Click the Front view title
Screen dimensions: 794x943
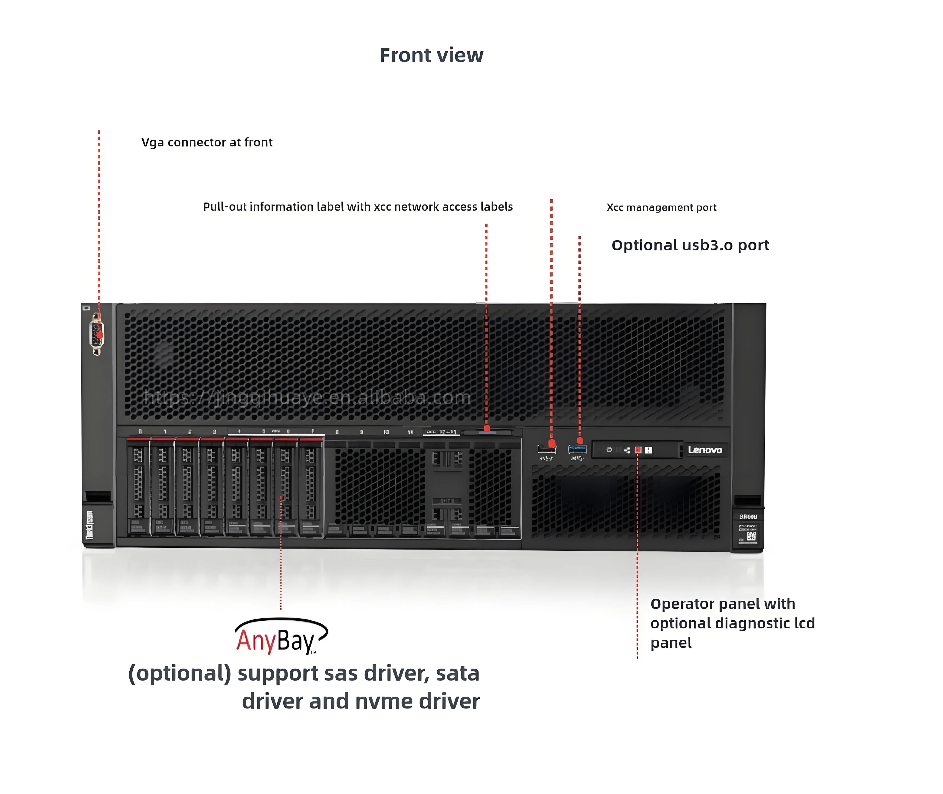(x=431, y=55)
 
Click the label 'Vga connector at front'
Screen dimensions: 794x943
(x=207, y=142)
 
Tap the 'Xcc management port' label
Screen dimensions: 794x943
(x=661, y=208)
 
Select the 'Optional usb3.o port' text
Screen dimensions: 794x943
(x=690, y=245)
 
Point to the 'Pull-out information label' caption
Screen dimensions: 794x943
(x=357, y=207)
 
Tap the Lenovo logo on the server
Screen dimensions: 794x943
(x=705, y=450)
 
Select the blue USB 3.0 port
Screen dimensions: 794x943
(x=577, y=449)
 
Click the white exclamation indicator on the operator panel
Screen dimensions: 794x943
(x=648, y=450)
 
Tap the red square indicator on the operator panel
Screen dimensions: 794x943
(x=638, y=450)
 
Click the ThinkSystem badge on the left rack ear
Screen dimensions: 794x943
(x=89, y=524)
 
